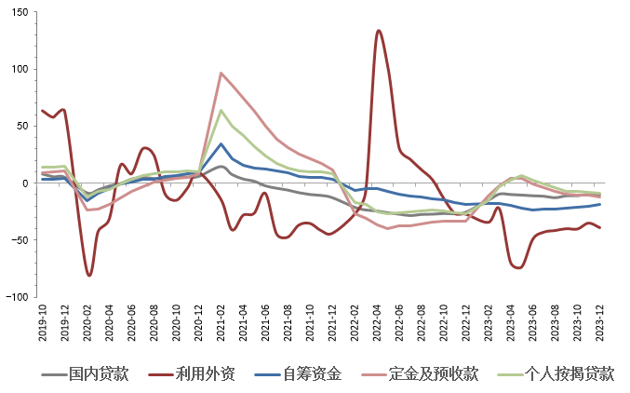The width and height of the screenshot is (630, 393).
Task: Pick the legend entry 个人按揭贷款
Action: coord(568,374)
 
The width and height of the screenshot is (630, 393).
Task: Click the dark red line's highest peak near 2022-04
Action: coord(379,31)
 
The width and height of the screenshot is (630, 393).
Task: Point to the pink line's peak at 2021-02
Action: coord(221,73)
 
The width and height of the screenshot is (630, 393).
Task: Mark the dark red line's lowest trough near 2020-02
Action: coord(89,276)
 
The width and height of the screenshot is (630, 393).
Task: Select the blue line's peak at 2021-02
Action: coord(221,143)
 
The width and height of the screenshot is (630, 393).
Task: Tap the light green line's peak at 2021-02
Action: coord(221,110)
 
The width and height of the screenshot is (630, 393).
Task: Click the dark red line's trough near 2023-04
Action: coord(518,267)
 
